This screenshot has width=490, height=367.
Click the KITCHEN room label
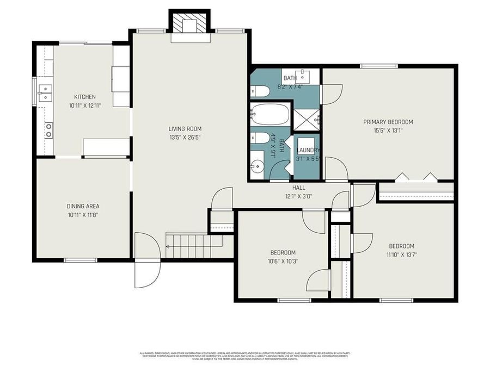pyautogui.click(x=85, y=97)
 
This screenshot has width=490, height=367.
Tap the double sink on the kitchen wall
pyautogui.click(x=44, y=94)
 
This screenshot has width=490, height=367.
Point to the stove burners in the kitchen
pyautogui.click(x=48, y=130)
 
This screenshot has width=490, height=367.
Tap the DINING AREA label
pyautogui.click(x=83, y=206)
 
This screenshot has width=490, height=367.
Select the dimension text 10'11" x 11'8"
pyautogui.click(x=83, y=215)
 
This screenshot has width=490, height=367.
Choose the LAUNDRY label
pyautogui.click(x=308, y=151)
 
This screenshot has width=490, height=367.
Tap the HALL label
pyautogui.click(x=298, y=188)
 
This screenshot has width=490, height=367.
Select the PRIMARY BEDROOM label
pyautogui.click(x=388, y=122)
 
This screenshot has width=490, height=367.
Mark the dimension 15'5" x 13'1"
pyautogui.click(x=388, y=130)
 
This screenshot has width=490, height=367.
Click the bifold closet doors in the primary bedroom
pyautogui.click(x=415, y=177)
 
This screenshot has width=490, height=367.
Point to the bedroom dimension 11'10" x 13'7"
pyautogui.click(x=400, y=254)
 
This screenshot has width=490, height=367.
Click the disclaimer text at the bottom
pyautogui.click(x=244, y=356)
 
